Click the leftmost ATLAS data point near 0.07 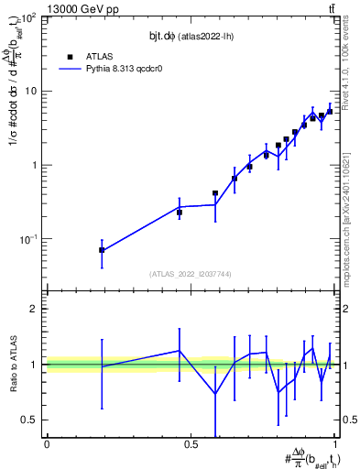click(102, 250)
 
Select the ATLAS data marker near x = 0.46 click(180, 213)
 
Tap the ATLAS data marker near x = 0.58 click(215, 193)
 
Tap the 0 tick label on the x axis click(47, 444)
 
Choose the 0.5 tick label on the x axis click(191, 444)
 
